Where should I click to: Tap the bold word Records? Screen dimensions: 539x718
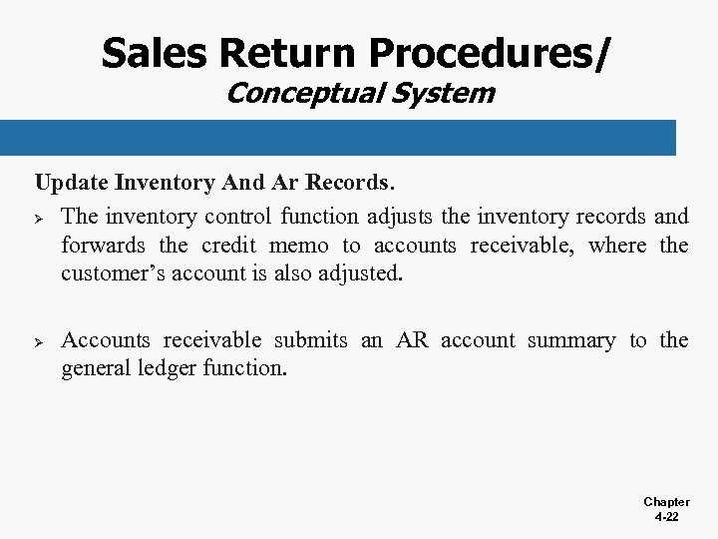350,184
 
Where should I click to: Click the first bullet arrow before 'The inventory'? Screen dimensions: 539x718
41,217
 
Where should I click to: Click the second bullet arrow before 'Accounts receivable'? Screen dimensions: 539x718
41,341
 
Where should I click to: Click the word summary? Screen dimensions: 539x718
570,340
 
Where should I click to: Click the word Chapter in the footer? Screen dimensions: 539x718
666,502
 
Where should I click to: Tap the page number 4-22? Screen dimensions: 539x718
666,518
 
